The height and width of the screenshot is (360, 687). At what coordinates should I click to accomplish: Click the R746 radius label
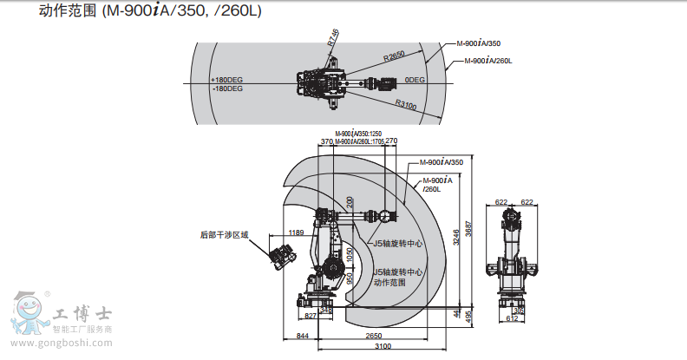pos(334,38)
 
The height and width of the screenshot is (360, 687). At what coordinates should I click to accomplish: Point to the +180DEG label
pos(226,79)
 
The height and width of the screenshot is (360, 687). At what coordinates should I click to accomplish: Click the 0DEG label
pos(413,79)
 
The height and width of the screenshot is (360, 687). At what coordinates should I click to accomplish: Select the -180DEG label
pos(226,88)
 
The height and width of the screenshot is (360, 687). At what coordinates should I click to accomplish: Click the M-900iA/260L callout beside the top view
pos(488,61)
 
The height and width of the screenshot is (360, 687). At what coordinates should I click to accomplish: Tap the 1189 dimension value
pos(297,232)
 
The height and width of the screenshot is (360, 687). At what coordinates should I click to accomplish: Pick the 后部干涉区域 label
pos(224,234)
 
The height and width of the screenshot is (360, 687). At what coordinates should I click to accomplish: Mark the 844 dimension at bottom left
pos(303,336)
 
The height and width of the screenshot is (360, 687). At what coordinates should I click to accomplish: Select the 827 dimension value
pos(310,317)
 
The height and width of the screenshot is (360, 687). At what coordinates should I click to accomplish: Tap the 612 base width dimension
pos(512,318)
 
